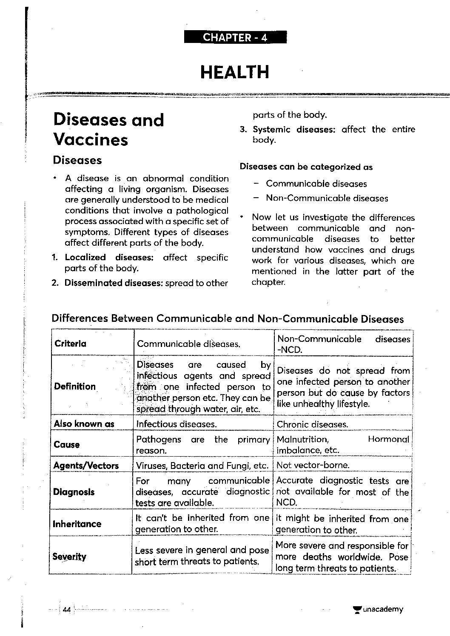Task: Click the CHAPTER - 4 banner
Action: click(235, 37)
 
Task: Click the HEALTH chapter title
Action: click(235, 72)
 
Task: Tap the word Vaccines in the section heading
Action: click(91, 139)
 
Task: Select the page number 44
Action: click(66, 610)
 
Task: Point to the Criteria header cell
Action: click(70, 344)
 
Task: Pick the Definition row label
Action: click(75, 386)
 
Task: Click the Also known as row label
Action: click(84, 423)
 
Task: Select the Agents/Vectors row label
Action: click(86, 466)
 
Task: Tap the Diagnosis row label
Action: click(74, 492)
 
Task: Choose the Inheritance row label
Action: click(77, 524)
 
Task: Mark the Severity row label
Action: click(69, 556)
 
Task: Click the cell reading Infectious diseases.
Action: click(176, 424)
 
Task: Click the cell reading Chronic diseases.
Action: click(312, 424)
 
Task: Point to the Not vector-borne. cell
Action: click(313, 465)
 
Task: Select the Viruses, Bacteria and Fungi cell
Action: click(202, 466)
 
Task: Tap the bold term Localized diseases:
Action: click(109, 257)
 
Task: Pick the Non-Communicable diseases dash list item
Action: click(327, 198)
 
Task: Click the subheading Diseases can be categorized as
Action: click(306, 167)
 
